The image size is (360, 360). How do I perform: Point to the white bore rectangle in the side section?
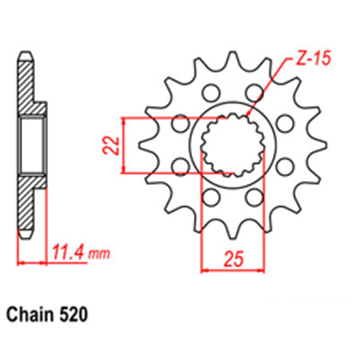[32, 145]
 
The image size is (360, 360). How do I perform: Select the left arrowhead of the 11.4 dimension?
[20, 263]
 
